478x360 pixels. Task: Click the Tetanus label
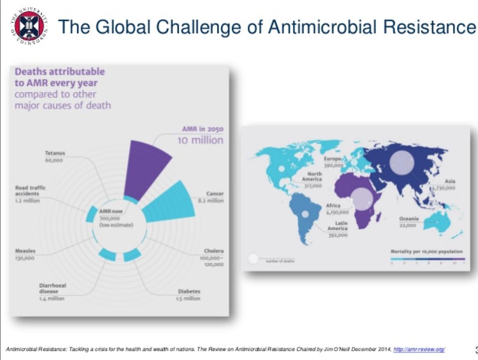tap(55, 153)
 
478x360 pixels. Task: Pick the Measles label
tap(25, 251)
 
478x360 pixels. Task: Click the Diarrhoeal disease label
tap(52, 288)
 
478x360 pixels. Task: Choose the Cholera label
tap(213, 251)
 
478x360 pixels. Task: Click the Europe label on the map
tap(333, 159)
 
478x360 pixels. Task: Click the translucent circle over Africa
tap(362, 198)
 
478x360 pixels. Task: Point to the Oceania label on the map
tap(409, 219)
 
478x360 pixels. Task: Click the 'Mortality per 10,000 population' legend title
tap(426, 252)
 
